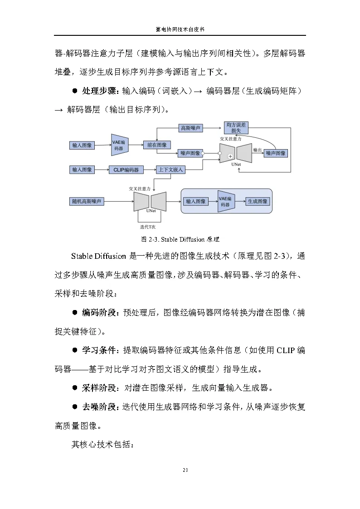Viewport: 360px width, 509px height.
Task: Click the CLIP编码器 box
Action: (126, 170)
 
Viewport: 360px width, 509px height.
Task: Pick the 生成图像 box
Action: (257, 201)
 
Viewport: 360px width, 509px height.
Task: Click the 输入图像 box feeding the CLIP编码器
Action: (82, 170)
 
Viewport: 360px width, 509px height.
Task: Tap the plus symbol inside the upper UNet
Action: (230, 156)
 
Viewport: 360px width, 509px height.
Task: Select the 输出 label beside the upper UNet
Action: (257, 150)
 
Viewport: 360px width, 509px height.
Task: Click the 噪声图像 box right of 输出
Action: (276, 153)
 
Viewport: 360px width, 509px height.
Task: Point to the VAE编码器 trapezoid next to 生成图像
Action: (225, 201)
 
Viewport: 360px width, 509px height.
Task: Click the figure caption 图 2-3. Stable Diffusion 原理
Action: (180, 239)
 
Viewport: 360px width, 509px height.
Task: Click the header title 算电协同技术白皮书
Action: (180, 29)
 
